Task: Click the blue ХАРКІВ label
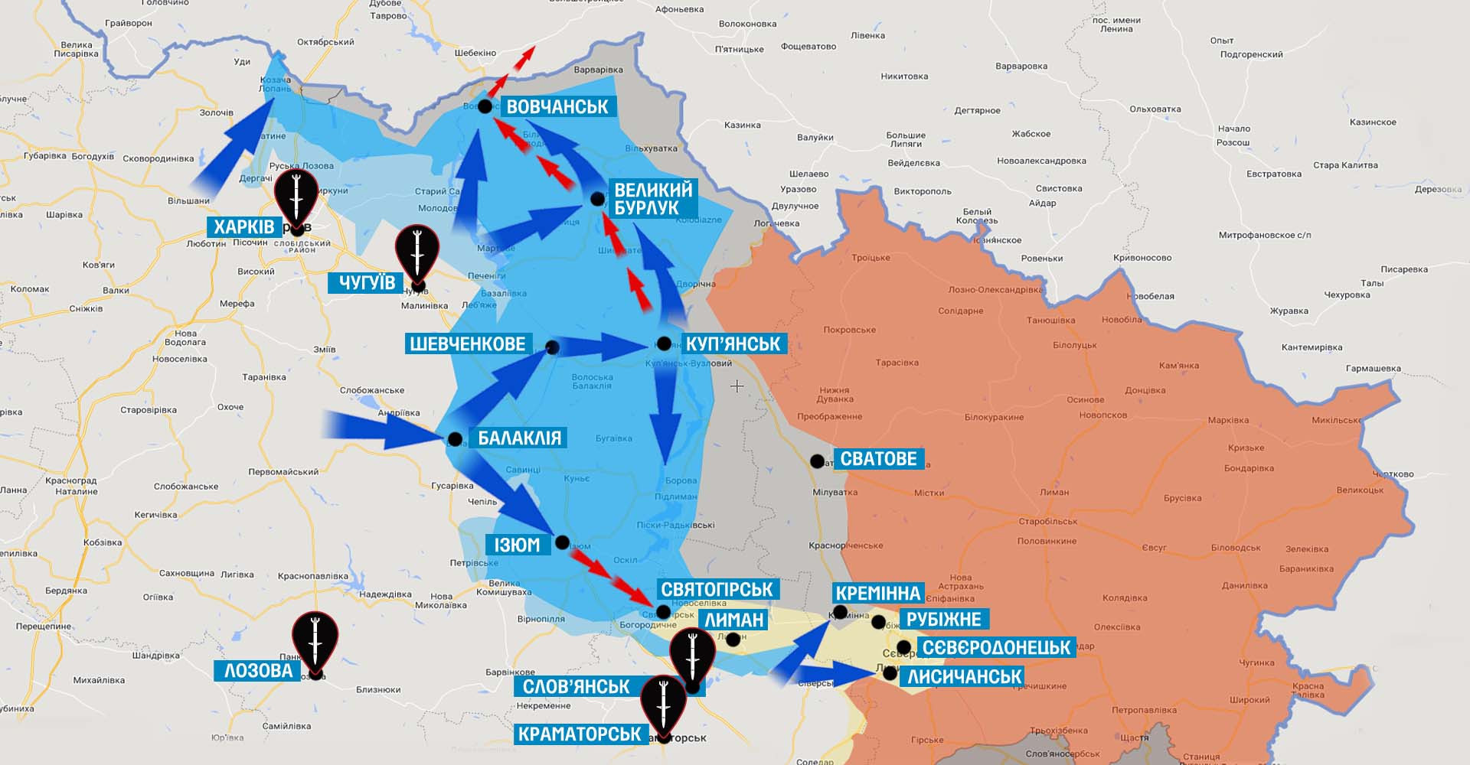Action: pos(244,226)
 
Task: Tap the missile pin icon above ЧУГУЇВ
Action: pos(417,252)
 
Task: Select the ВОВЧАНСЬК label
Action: pos(557,106)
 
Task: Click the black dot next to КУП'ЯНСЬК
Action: pos(664,343)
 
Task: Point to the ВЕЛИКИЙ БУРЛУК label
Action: pos(653,198)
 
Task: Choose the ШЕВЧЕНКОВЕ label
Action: pos(468,343)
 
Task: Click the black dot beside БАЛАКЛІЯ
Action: pos(455,439)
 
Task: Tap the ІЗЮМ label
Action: pos(518,545)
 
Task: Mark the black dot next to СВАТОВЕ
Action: pos(818,461)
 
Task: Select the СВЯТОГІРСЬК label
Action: pos(717,589)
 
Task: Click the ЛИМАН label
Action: pos(734,620)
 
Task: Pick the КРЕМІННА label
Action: pos(877,593)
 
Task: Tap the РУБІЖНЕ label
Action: pos(943,619)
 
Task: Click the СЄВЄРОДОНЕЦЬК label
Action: pos(996,648)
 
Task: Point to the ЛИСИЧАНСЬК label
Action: pos(964,676)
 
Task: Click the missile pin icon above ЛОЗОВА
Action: pos(315,640)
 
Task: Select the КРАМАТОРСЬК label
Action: pos(580,734)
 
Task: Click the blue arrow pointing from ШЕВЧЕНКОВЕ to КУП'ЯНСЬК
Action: pos(605,348)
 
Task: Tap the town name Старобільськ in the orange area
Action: pos(1047,522)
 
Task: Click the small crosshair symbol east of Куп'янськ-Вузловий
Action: pos(737,386)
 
